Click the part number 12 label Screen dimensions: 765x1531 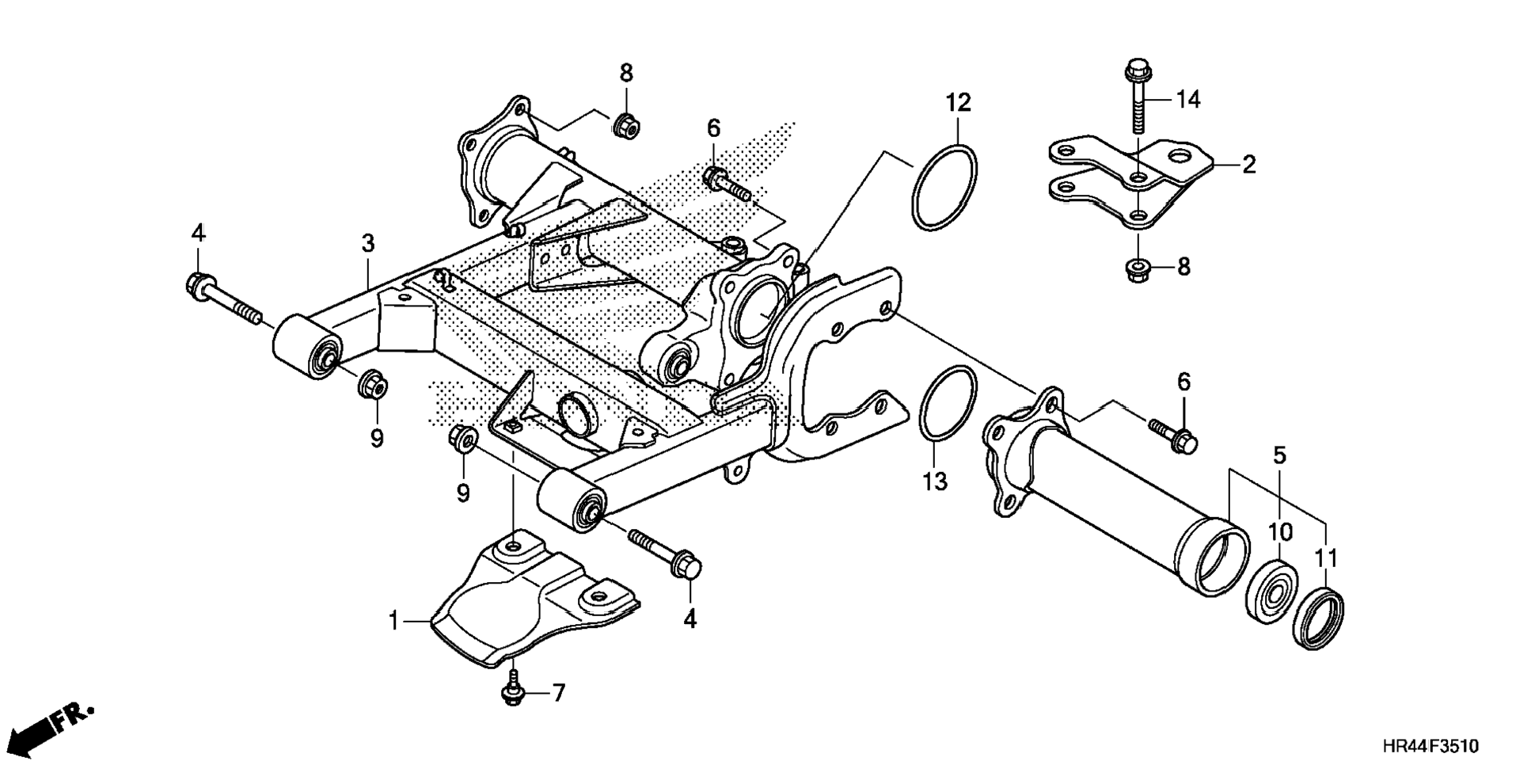958,102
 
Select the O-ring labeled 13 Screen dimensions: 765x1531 948,403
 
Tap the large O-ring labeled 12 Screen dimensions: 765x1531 945,188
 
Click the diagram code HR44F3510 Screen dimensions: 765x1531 1430,746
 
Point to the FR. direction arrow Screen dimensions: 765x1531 55,724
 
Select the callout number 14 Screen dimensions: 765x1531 1187,100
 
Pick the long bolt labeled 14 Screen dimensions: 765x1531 1137,99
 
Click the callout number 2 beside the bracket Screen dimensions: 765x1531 1248,165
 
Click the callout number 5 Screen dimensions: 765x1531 1279,455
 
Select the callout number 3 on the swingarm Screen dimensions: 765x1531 368,244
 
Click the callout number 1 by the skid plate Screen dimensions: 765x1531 394,622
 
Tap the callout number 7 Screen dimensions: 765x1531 559,694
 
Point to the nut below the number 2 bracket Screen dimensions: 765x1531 1138,269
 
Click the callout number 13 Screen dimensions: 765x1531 935,481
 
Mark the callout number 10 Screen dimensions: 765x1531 1280,532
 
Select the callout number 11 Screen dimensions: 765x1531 1326,559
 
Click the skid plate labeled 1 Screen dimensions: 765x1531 530,602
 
